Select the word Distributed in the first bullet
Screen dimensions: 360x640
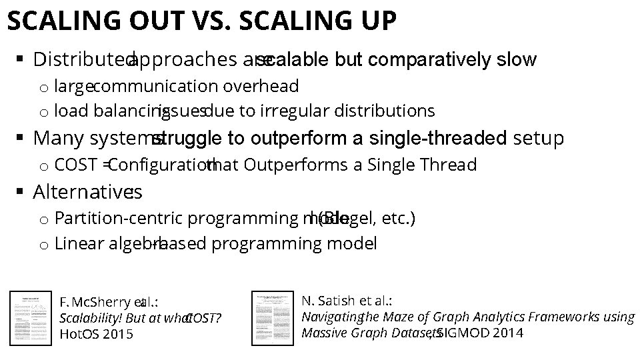(x=81, y=60)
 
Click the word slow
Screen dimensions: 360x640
(x=517, y=60)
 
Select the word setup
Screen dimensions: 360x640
(x=538, y=138)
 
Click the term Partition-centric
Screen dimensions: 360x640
(x=119, y=219)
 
